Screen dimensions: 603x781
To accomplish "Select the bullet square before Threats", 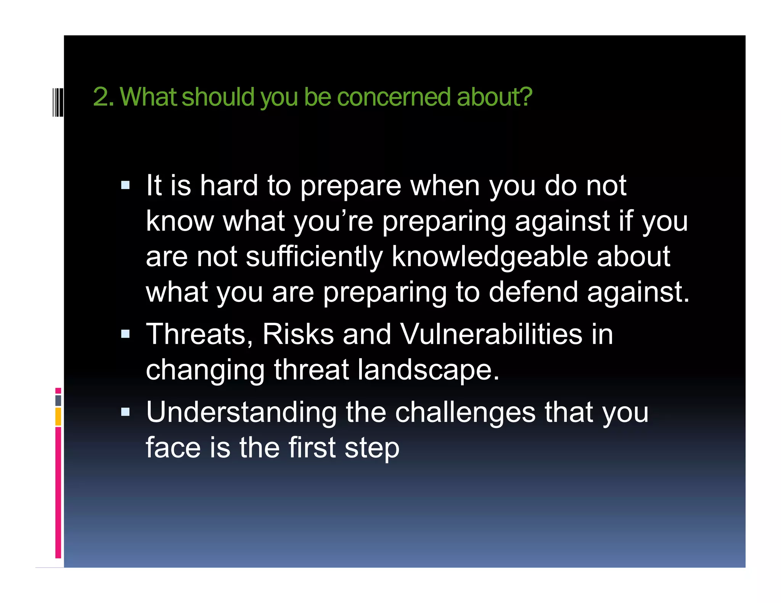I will pos(125,334).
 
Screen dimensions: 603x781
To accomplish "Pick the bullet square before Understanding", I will pos(125,412).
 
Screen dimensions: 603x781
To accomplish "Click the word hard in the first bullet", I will pos(229,186).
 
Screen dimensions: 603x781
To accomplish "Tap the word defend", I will pos(533,292).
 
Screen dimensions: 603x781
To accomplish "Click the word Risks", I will pos(298,334).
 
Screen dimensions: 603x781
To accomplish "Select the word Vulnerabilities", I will pos(491,334).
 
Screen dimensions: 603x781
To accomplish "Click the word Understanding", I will pos(241,412).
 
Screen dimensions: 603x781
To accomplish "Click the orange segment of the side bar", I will pos(58,416).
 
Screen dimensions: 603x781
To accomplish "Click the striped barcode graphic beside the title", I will pos(58,101).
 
